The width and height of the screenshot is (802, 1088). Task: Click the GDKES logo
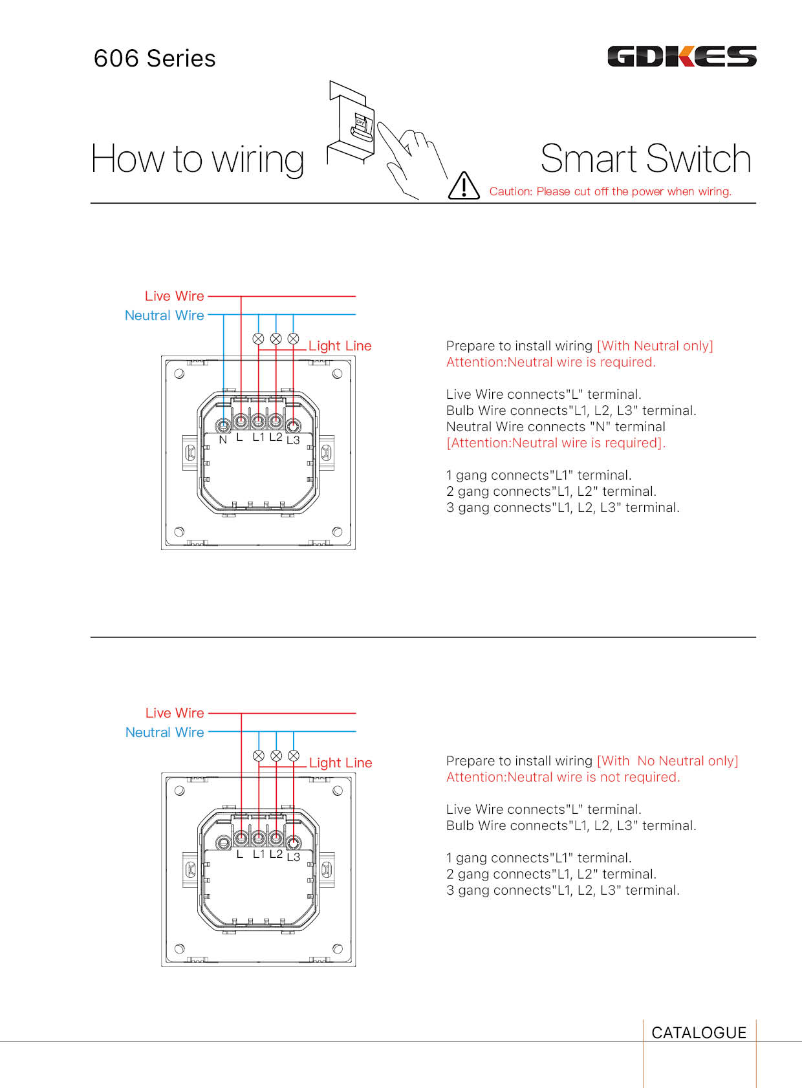tap(682, 57)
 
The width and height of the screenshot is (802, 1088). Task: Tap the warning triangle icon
tap(464, 186)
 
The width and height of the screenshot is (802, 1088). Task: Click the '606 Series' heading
tap(155, 59)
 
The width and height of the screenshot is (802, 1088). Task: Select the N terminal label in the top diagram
tap(223, 440)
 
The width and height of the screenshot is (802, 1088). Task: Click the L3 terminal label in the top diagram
tap(293, 440)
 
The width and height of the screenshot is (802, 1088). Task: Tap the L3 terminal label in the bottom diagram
tap(293, 857)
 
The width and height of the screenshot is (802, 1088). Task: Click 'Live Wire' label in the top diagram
tap(175, 296)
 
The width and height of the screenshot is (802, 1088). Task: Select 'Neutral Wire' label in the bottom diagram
tap(165, 732)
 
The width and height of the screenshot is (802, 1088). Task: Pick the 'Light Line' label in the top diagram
tap(340, 346)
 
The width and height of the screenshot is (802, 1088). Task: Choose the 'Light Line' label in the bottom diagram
tap(340, 763)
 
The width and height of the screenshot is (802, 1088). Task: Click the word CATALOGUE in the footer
tap(699, 1033)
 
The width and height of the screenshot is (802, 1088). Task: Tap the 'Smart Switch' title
tap(645, 159)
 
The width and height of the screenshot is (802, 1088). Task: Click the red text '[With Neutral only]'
tap(655, 346)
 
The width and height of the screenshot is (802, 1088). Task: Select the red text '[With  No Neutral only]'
tap(667, 761)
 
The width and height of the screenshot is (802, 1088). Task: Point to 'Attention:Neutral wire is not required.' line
tap(563, 777)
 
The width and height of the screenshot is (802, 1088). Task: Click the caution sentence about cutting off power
tap(610, 191)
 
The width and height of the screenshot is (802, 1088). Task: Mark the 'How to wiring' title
tap(197, 160)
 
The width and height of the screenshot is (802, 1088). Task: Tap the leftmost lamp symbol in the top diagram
tap(258, 339)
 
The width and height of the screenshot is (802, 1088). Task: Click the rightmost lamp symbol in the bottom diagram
tap(294, 756)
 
